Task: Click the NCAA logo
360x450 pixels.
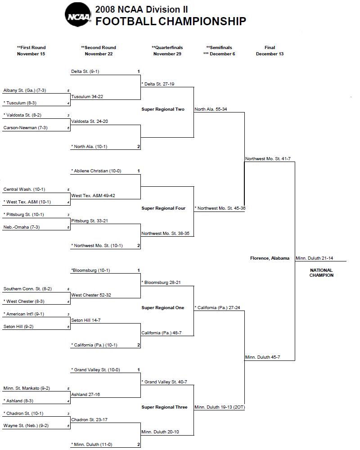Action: click(x=78, y=15)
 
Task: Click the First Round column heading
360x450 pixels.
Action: click(x=31, y=50)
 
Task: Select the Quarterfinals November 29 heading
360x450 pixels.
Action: click(x=167, y=50)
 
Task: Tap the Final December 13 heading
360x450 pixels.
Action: click(x=270, y=50)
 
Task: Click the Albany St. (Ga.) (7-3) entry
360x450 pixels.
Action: click(x=25, y=90)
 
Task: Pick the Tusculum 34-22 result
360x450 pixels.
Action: click(x=87, y=97)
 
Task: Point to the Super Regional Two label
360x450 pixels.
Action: click(x=163, y=109)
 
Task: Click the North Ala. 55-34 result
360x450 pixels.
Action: click(x=211, y=109)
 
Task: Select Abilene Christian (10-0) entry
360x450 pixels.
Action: click(x=96, y=171)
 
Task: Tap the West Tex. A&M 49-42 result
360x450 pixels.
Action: click(x=93, y=195)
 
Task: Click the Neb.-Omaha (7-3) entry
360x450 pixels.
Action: click(x=22, y=227)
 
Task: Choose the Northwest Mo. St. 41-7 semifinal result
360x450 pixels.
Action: click(x=268, y=159)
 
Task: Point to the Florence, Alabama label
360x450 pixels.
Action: click(x=270, y=258)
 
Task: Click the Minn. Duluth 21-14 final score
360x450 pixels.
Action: click(x=315, y=258)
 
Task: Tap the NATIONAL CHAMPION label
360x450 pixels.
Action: click(x=322, y=273)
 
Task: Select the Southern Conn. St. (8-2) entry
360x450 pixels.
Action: click(x=27, y=289)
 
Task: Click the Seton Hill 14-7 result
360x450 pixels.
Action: click(x=86, y=320)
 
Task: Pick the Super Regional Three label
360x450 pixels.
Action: click(x=164, y=407)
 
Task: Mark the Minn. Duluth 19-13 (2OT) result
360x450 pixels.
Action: click(x=220, y=407)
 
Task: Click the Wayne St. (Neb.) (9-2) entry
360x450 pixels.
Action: click(x=26, y=426)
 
